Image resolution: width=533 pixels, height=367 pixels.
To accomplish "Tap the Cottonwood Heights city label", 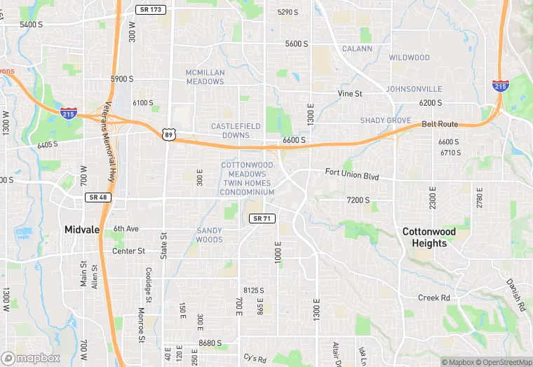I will coord(429,237).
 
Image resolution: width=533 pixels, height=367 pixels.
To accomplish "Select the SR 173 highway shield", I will coord(149,10).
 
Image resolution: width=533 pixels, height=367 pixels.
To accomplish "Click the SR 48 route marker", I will coord(97,198).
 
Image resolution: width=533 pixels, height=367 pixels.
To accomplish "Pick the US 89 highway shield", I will coord(168,133).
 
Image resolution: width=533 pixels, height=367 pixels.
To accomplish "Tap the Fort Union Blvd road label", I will coord(352,175).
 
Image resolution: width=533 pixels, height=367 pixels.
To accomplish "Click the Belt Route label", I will coord(440,125).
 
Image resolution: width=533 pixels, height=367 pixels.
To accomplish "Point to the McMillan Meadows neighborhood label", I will coord(205,77).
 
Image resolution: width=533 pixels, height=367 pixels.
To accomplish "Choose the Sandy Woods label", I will coord(210,235).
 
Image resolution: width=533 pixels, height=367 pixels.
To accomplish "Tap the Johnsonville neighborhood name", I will coord(414,89).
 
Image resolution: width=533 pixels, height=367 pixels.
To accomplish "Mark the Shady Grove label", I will coord(385,120).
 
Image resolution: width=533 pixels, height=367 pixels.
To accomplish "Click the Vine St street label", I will coord(349,93).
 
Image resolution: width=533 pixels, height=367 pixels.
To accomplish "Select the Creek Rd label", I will coord(433,298).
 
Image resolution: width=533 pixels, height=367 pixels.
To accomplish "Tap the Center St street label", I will coord(128,251).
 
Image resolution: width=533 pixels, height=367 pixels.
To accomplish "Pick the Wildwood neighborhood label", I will coord(409,57).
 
